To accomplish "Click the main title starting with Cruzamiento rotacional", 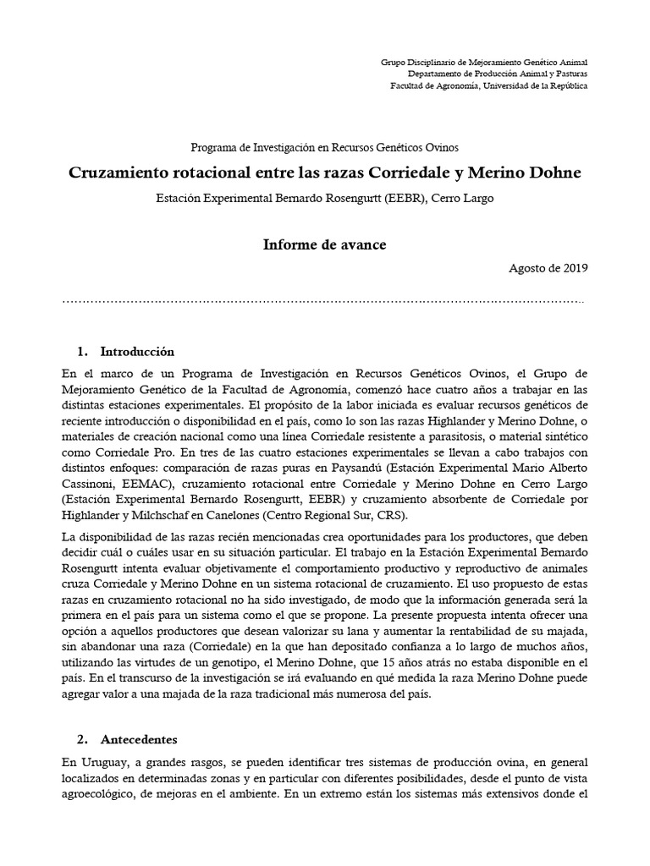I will click(324, 173).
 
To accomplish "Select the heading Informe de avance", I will click(324, 244).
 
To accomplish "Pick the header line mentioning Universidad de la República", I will click(488, 85).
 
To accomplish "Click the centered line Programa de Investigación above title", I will click(324, 146).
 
